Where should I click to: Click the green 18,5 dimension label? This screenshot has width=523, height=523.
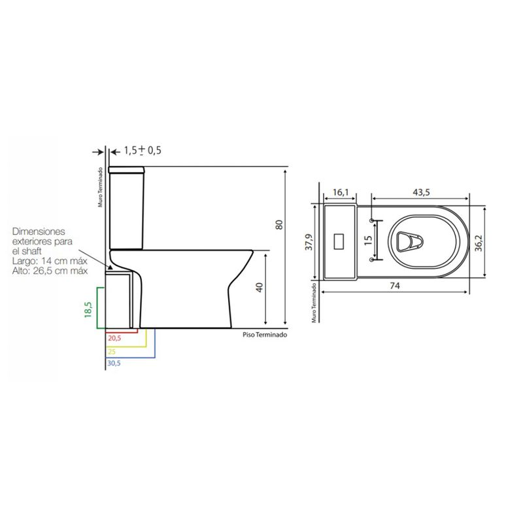(88, 309)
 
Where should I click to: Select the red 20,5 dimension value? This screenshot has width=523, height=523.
(114, 338)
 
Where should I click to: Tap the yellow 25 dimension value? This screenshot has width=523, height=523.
(111, 352)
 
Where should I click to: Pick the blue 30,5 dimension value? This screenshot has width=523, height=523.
(114, 363)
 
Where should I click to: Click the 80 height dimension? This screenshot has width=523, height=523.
(279, 224)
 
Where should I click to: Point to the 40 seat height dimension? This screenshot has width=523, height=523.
(259, 288)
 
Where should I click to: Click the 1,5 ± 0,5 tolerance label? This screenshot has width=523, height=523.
(143, 150)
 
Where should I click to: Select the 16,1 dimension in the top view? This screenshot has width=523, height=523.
(341, 192)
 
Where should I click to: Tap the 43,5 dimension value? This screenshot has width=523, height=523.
(421, 192)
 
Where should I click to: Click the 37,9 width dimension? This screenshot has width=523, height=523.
(309, 242)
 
